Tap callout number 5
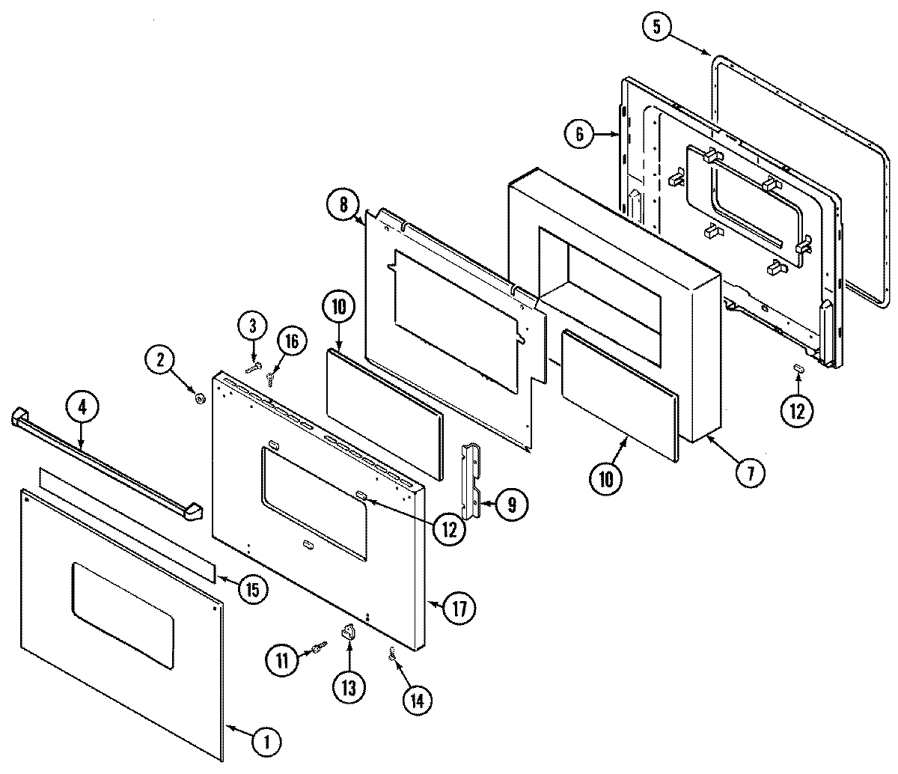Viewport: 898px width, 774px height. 656,28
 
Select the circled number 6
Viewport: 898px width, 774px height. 578,135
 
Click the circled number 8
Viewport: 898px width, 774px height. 342,204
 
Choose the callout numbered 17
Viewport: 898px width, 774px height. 459,609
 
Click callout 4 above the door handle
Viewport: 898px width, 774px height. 82,407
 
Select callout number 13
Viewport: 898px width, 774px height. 349,686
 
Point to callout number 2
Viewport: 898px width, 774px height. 160,359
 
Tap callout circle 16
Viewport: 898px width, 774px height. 292,341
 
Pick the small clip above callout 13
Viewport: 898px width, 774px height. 347,633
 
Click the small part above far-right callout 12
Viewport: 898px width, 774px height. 798,368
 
